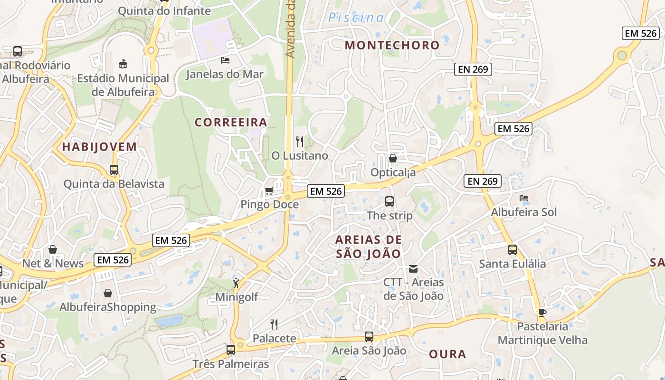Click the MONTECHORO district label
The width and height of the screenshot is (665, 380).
click(x=392, y=45)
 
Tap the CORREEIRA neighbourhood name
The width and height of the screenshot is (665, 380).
click(x=231, y=123)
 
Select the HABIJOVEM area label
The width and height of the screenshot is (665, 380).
click(x=99, y=147)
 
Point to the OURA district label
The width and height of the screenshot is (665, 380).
click(x=447, y=354)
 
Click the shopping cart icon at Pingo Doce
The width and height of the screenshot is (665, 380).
click(x=269, y=191)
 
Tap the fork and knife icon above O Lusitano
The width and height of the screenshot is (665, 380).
click(x=300, y=141)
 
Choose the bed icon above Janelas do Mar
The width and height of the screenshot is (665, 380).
click(x=225, y=60)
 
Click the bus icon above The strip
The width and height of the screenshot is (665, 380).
click(x=389, y=201)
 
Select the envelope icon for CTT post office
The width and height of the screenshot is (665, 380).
click(x=413, y=269)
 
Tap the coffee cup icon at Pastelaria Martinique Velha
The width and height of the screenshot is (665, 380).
click(x=542, y=313)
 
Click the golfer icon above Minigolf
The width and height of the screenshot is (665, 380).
click(x=236, y=284)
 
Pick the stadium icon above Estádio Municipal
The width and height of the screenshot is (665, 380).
click(x=123, y=64)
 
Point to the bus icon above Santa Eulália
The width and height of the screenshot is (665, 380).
click(x=512, y=250)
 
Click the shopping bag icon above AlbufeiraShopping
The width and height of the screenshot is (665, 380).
click(x=108, y=293)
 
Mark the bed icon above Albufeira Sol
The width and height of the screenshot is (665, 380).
click(x=524, y=198)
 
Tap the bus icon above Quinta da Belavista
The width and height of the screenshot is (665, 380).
click(x=114, y=170)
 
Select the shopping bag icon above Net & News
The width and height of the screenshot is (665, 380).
click(x=53, y=249)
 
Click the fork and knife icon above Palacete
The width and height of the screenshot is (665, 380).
click(x=274, y=324)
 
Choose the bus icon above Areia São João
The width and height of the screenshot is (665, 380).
click(x=369, y=337)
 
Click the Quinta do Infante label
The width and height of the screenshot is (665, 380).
click(x=164, y=10)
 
